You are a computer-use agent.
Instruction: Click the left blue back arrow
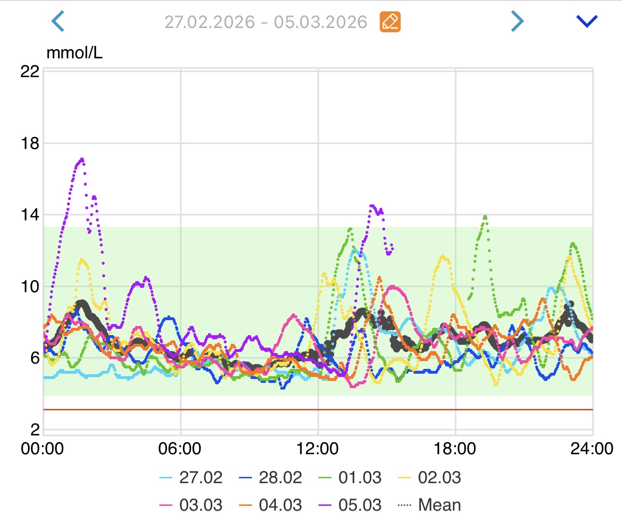click(x=58, y=22)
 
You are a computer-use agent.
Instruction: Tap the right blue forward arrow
click(x=517, y=21)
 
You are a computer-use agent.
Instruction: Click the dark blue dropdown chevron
click(x=587, y=21)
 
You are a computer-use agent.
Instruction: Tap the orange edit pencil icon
click(x=390, y=22)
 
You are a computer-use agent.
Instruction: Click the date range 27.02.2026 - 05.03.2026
click(x=266, y=22)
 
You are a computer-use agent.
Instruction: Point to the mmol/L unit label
click(x=74, y=53)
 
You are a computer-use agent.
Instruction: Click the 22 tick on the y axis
click(x=30, y=71)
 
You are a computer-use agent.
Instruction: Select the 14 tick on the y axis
click(x=30, y=215)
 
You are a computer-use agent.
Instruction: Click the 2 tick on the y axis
click(x=35, y=429)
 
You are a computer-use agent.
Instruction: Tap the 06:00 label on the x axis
click(x=180, y=449)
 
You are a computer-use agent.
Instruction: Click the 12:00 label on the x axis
click(x=317, y=449)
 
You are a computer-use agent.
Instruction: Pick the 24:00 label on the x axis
click(x=592, y=449)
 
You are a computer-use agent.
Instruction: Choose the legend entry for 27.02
click(x=191, y=477)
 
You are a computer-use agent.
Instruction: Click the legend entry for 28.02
click(x=271, y=477)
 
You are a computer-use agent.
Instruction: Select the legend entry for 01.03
click(x=351, y=477)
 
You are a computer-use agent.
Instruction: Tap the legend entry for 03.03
click(x=191, y=505)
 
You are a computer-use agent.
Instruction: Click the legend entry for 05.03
click(x=351, y=505)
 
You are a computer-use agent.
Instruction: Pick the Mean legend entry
click(x=430, y=505)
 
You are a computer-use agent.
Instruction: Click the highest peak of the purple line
click(x=82, y=159)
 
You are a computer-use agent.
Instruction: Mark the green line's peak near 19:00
click(x=485, y=216)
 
